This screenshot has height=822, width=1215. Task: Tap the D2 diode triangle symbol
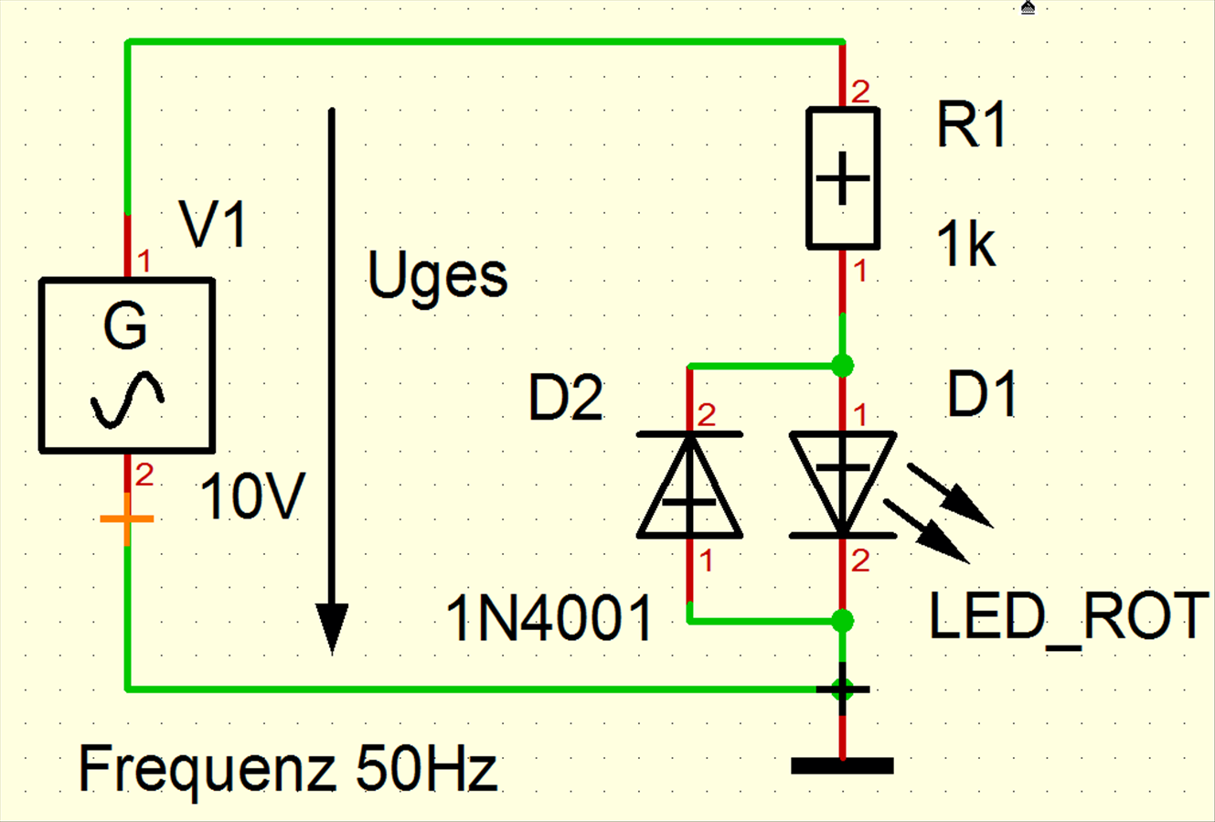point(689,485)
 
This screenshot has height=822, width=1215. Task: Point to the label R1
point(971,125)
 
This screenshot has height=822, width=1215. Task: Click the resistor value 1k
point(966,244)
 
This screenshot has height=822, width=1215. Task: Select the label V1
point(213,224)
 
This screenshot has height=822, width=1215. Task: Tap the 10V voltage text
point(252,496)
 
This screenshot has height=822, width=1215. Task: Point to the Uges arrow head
point(332,628)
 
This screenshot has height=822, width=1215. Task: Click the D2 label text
point(566,399)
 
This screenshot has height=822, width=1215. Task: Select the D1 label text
point(982,394)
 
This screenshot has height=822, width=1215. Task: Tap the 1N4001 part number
point(549,617)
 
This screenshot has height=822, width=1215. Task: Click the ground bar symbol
point(842,765)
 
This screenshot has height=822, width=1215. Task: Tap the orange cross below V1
point(127,518)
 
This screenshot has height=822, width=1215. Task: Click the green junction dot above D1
point(842,365)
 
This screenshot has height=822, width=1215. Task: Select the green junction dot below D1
point(842,620)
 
